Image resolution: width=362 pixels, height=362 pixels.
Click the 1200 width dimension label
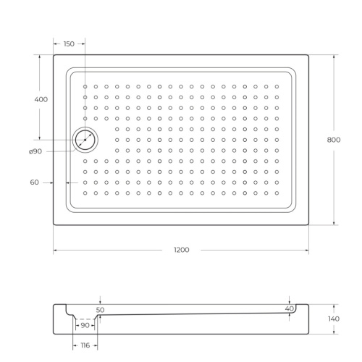click(x=181, y=251)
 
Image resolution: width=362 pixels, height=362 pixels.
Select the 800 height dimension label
click(x=333, y=140)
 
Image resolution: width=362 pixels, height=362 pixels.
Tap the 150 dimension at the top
click(x=69, y=43)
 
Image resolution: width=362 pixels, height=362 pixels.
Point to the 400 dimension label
click(x=41, y=98)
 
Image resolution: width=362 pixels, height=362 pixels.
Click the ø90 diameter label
click(x=35, y=151)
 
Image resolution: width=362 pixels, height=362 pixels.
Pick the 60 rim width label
click(x=34, y=182)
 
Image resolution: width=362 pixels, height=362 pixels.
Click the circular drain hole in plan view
click(x=85, y=140)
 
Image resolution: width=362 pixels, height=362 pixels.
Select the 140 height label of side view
click(x=333, y=319)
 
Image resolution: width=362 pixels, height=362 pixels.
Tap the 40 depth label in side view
click(x=290, y=309)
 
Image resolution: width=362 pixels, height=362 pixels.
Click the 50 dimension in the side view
click(x=100, y=309)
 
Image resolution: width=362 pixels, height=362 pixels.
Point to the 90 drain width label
click(x=85, y=327)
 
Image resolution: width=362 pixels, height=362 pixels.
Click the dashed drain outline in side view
click(x=85, y=319)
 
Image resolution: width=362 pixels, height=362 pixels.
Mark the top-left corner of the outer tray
click(x=54, y=54)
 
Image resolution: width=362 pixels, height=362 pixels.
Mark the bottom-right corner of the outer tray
click(x=309, y=225)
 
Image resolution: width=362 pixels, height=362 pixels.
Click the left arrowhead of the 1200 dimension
click(x=55, y=251)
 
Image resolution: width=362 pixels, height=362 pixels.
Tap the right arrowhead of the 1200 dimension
click(x=308, y=251)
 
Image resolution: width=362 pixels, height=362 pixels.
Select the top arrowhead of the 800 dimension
click(x=333, y=56)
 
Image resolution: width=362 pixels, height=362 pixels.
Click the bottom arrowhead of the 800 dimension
click(x=333, y=224)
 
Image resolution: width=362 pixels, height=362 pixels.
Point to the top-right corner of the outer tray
click(x=309, y=54)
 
